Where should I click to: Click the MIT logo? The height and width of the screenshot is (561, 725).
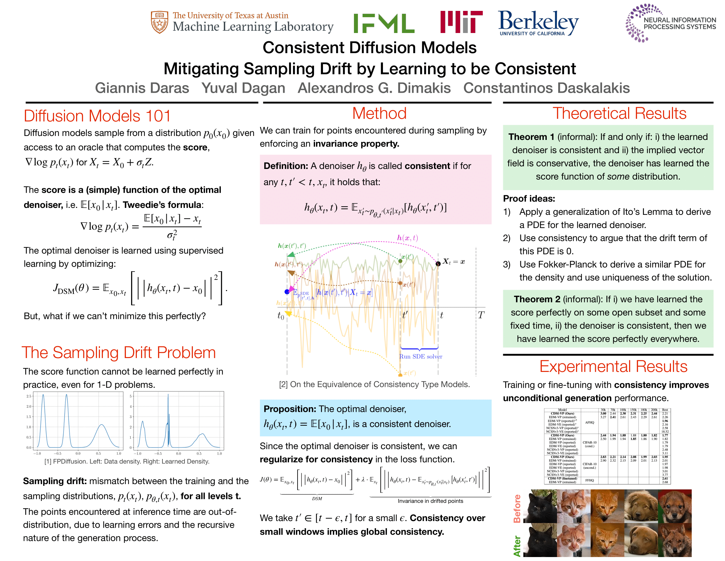(461, 22)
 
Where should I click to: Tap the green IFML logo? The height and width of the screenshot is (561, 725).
(384, 23)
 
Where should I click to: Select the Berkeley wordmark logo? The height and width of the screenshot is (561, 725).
(538, 22)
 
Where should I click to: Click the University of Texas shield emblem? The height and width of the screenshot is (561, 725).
(159, 22)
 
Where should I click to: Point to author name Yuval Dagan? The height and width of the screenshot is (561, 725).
(243, 88)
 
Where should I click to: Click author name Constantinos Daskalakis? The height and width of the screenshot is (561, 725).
(546, 88)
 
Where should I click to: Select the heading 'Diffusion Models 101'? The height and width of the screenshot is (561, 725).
(97, 116)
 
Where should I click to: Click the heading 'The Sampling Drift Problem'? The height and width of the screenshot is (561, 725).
(119, 353)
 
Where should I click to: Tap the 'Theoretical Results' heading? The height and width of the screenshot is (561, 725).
(619, 114)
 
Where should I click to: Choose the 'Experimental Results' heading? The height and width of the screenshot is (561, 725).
(613, 367)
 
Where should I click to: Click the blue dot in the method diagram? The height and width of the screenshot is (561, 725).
(287, 292)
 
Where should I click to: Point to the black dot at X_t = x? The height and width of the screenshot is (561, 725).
(438, 264)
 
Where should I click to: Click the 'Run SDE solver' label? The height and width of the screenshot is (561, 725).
(420, 357)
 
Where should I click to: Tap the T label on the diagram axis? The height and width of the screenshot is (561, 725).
(481, 315)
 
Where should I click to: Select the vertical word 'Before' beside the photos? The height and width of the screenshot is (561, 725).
(517, 509)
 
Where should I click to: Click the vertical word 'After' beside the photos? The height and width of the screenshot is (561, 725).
(517, 546)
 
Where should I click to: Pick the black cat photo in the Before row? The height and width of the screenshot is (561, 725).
(540, 506)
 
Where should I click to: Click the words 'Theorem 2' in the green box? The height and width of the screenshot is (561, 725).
(537, 299)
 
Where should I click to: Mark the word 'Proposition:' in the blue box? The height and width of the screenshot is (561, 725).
(290, 409)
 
